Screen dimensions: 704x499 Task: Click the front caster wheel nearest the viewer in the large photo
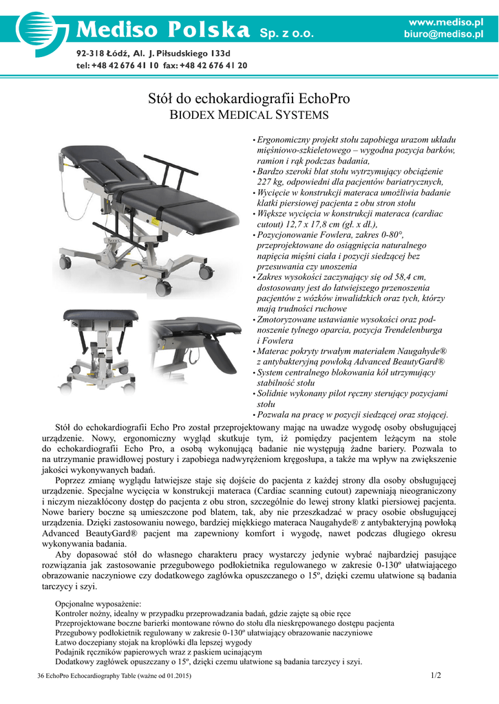pyautogui.click(x=162, y=289)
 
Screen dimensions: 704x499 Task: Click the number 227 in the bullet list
pyautogui.click(x=266, y=182)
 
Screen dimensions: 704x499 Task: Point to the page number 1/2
pyautogui.click(x=435, y=676)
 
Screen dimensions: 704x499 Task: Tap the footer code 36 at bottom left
pyautogui.click(x=41, y=677)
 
